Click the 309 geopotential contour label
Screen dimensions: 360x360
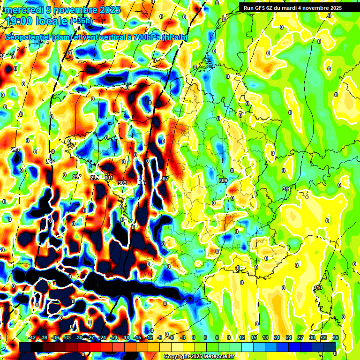coord(223,180)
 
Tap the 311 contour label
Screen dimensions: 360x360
coord(286,188)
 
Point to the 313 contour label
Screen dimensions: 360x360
coord(318,287)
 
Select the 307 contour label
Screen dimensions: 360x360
coord(164,179)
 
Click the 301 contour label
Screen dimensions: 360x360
coord(109,178)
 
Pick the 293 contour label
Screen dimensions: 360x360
coord(15,150)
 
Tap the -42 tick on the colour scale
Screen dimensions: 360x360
coord(32,337)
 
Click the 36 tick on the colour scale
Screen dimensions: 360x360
coord(336,337)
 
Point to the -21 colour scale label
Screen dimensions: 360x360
coord(114,337)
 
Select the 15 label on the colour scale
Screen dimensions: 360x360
coord(254,337)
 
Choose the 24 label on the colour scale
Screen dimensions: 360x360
coord(289,337)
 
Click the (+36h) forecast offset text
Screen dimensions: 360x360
coord(81,21)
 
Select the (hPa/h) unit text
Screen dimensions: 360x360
coord(174,37)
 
